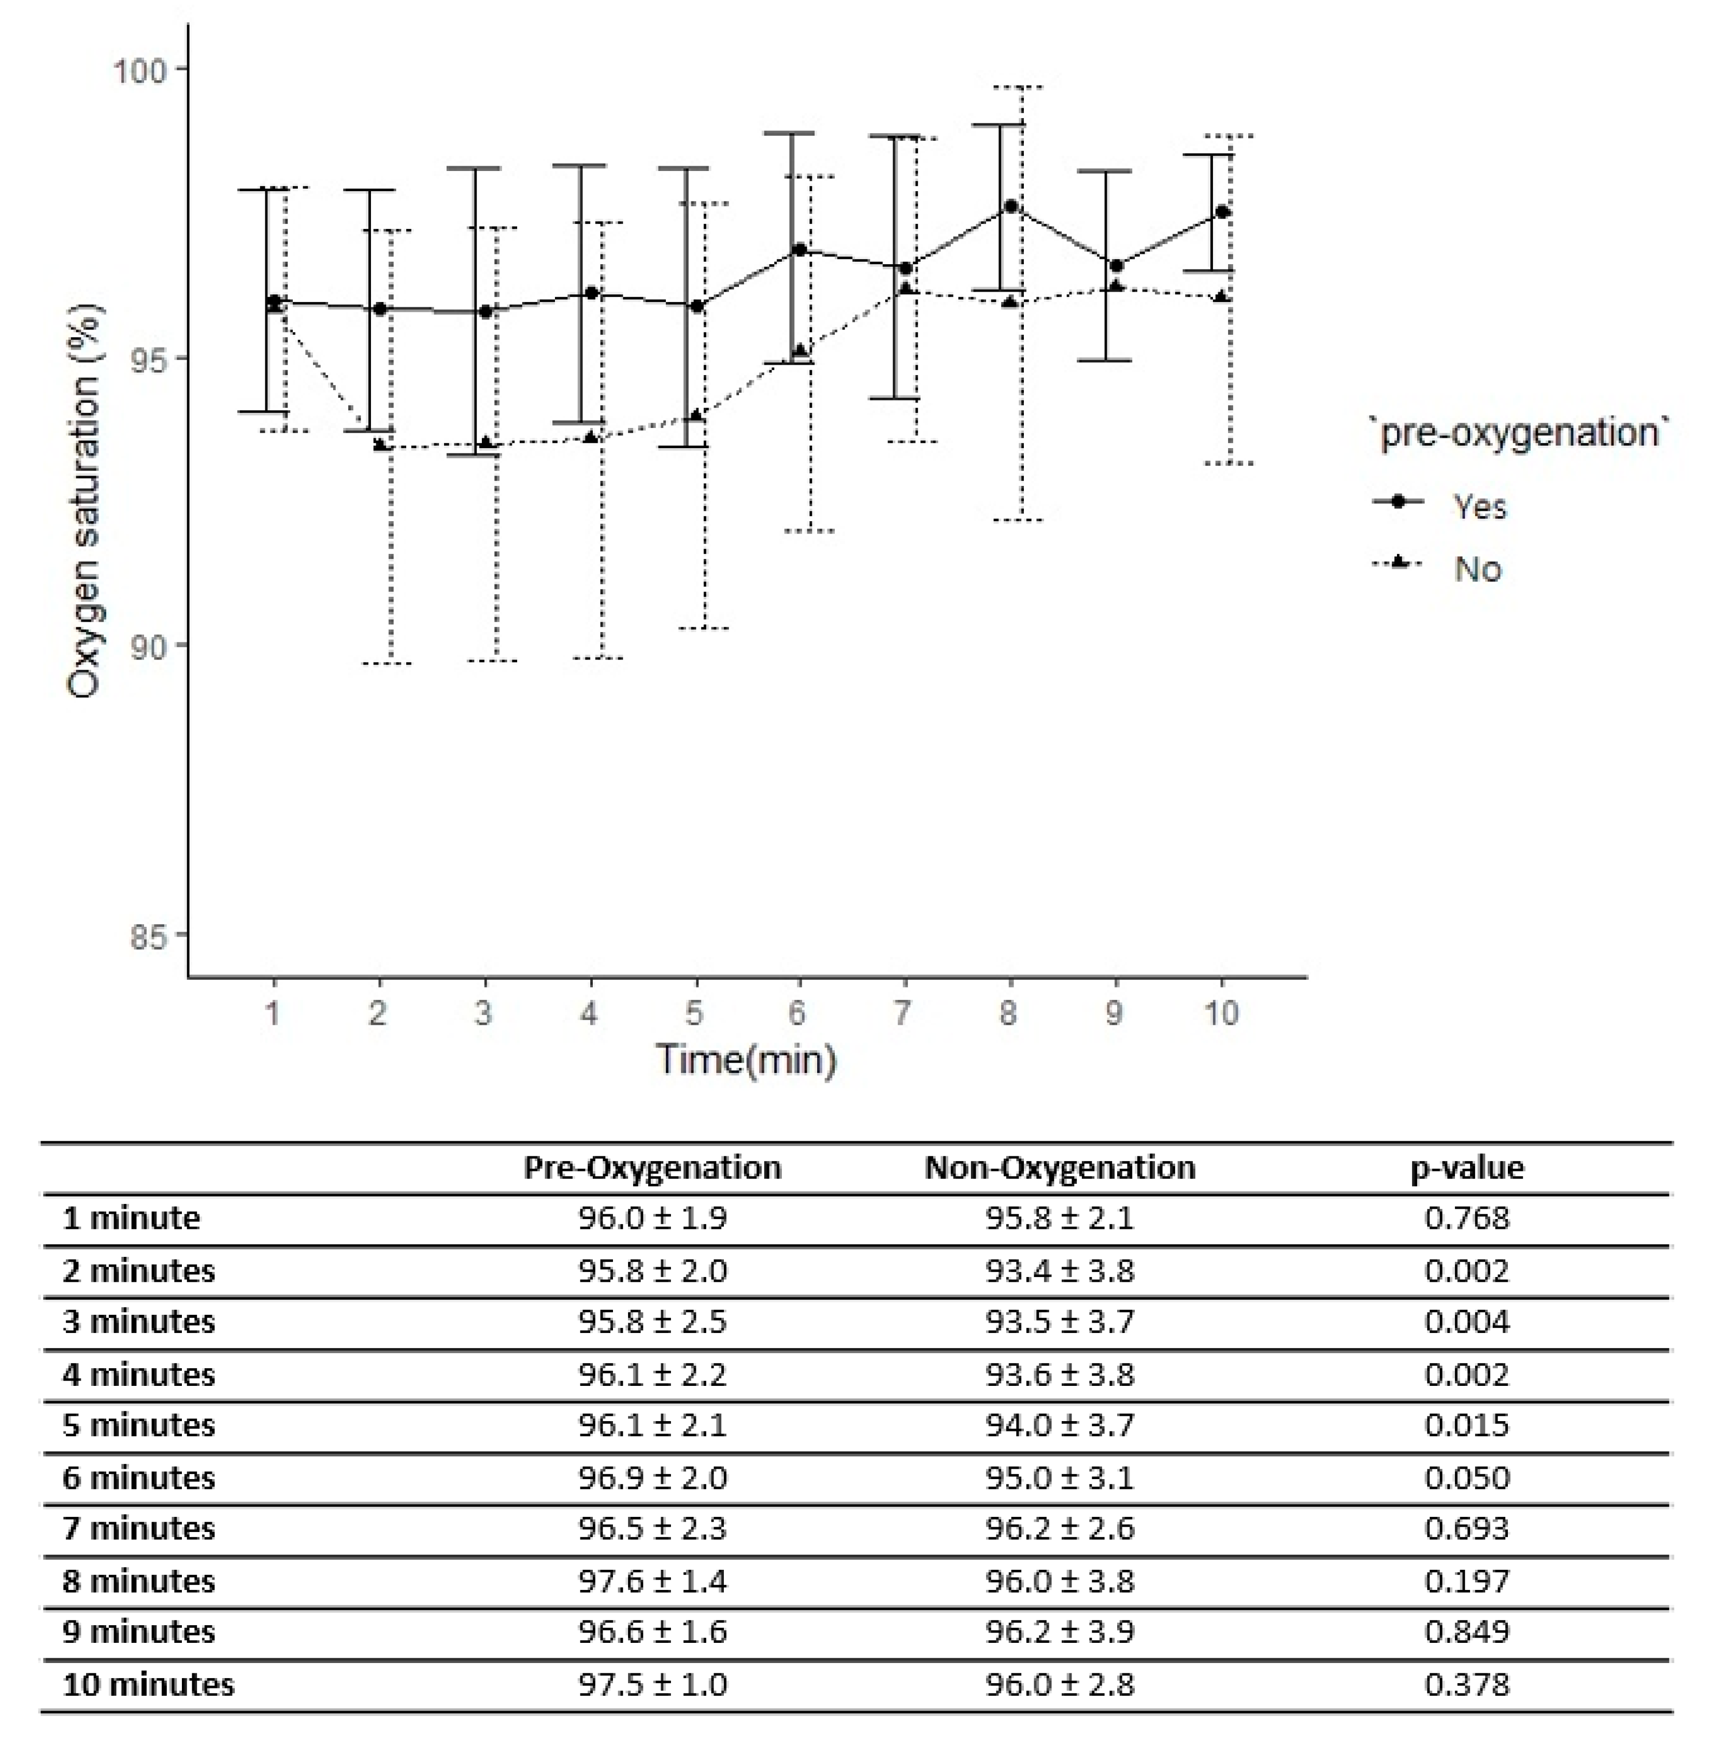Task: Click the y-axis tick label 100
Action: click(139, 70)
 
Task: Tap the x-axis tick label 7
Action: click(903, 1013)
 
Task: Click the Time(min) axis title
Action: click(746, 1059)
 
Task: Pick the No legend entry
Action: click(1477, 568)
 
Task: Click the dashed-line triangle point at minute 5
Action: click(695, 415)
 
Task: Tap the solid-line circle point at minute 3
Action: click(486, 311)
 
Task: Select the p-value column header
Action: click(1466, 1167)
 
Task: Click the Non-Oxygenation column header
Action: click(1060, 1167)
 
